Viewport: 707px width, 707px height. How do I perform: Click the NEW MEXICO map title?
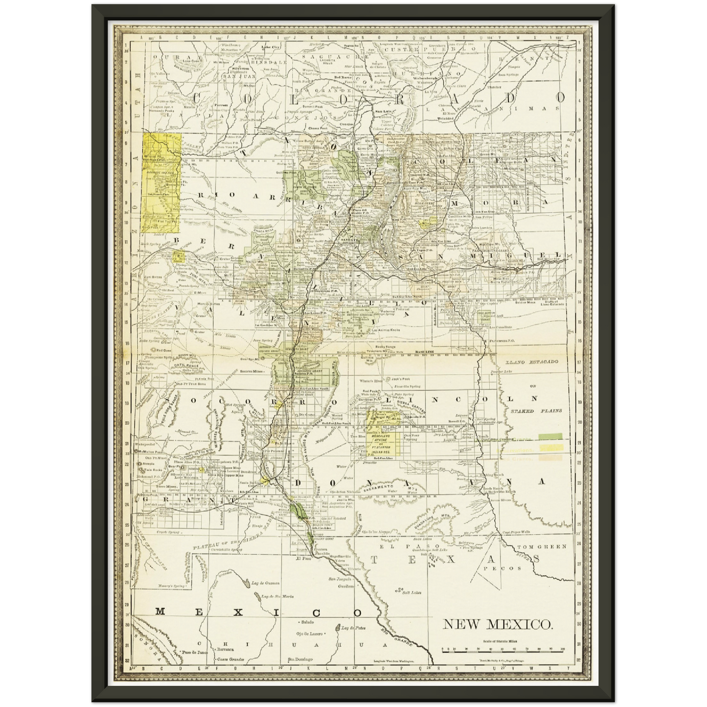498,624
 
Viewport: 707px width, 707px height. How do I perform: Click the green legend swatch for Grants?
550,435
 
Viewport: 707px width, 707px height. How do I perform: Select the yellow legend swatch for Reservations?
550,447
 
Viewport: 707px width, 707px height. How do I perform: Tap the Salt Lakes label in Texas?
406,593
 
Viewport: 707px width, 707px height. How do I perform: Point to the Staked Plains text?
536,411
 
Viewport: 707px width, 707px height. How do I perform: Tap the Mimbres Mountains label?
216,418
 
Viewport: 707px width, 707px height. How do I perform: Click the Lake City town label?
270,47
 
